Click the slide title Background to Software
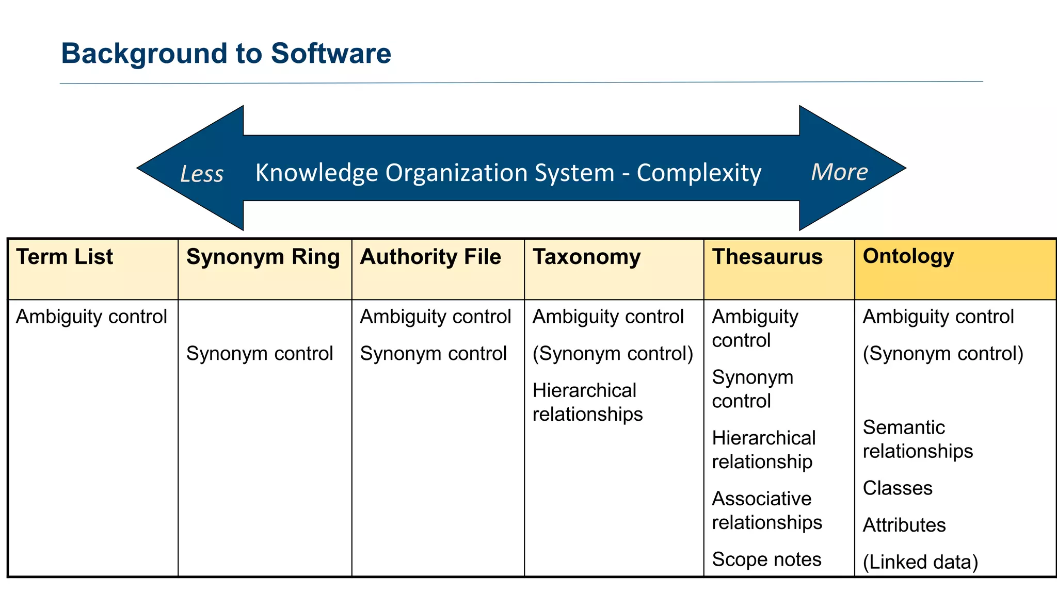(226, 54)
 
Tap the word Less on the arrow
(202, 174)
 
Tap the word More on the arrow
(839, 172)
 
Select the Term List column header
(65, 257)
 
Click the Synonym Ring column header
(263, 257)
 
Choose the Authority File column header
(430, 257)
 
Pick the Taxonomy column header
(586, 257)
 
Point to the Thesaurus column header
(767, 257)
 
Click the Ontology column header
(908, 256)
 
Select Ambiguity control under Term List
(91, 317)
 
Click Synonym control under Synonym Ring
(260, 354)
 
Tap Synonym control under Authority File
(433, 354)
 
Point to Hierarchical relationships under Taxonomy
(587, 402)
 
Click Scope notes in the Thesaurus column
(766, 559)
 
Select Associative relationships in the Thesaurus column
(766, 510)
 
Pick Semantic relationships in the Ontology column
(918, 439)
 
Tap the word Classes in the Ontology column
(898, 488)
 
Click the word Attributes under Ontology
(904, 525)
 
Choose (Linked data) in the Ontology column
(920, 562)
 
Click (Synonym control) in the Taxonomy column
(613, 354)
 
